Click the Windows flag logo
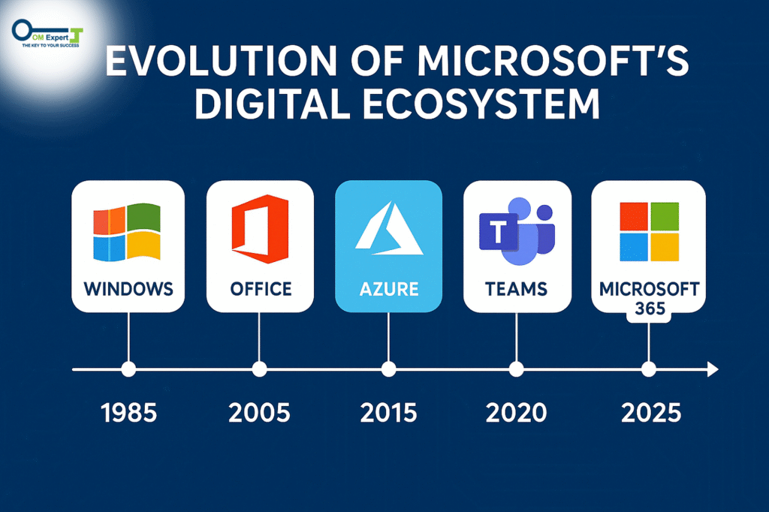(x=127, y=232)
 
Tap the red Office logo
(x=260, y=228)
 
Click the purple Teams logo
(x=517, y=231)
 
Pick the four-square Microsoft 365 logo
(x=650, y=231)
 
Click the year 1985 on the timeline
(x=129, y=413)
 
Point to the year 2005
(x=259, y=413)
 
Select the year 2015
(x=388, y=413)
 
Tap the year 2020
(x=517, y=413)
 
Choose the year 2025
(x=651, y=413)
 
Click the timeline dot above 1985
(x=128, y=369)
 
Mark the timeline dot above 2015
(x=388, y=369)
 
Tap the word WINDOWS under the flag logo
(x=128, y=289)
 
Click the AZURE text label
(x=389, y=289)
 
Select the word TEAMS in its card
(x=517, y=289)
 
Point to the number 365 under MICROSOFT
(x=650, y=309)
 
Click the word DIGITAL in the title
(x=272, y=104)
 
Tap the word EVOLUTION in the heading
(x=222, y=61)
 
